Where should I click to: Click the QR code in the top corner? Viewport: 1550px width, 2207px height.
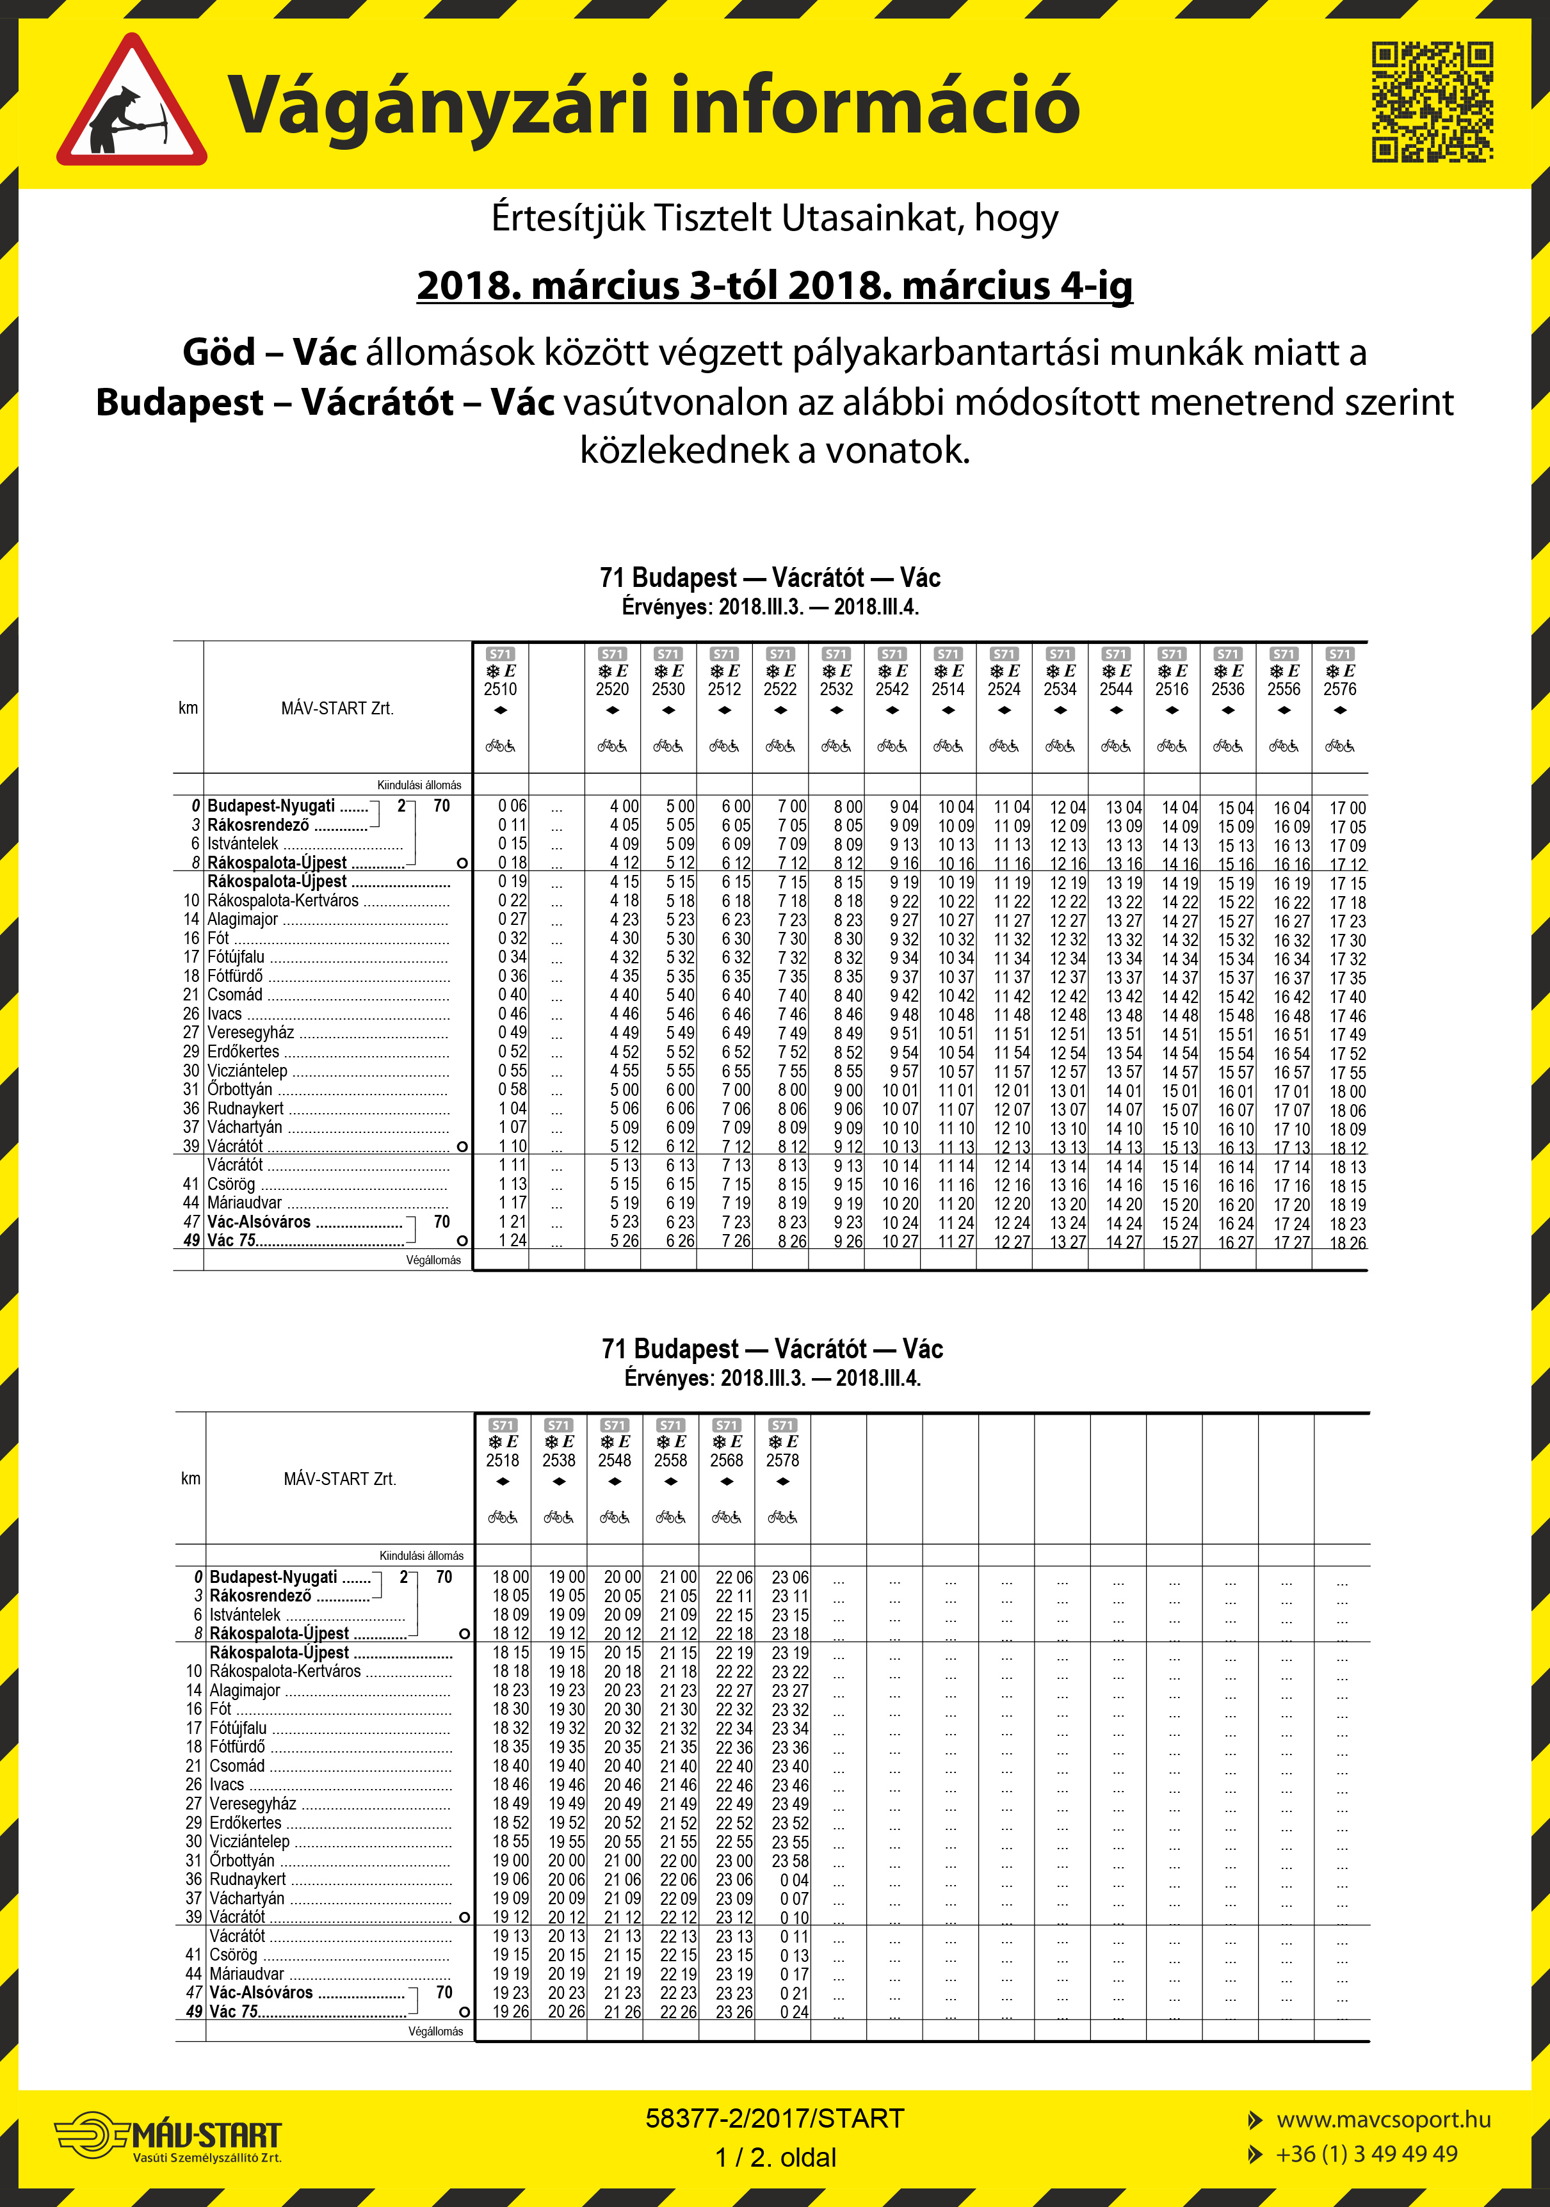pyautogui.click(x=1432, y=101)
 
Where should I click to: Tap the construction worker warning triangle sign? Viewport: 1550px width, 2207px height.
pyautogui.click(x=132, y=102)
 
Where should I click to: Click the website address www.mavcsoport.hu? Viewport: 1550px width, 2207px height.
pyautogui.click(x=1383, y=2119)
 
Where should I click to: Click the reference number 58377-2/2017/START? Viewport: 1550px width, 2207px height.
pyautogui.click(x=774, y=2119)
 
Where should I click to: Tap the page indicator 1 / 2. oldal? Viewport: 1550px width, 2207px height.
pyautogui.click(x=775, y=2157)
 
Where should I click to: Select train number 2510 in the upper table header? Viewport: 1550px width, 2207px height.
pyautogui.click(x=500, y=689)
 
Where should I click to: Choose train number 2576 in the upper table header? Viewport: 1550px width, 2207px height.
pyautogui.click(x=1339, y=689)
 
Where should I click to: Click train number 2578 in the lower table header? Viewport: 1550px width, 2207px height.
pyautogui.click(x=783, y=1460)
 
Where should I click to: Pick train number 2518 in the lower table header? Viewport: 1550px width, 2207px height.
pyautogui.click(x=503, y=1460)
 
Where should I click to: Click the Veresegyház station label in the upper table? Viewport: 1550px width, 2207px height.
pyautogui.click(x=252, y=1032)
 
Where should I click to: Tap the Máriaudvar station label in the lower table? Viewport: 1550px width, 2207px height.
pyautogui.click(x=247, y=1973)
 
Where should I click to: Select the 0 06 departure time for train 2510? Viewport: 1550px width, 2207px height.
pyautogui.click(x=512, y=807)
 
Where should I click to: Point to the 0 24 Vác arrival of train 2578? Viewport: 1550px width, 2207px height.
pyautogui.click(x=795, y=2012)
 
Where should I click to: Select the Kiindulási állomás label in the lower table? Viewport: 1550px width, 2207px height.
pyautogui.click(x=421, y=1555)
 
